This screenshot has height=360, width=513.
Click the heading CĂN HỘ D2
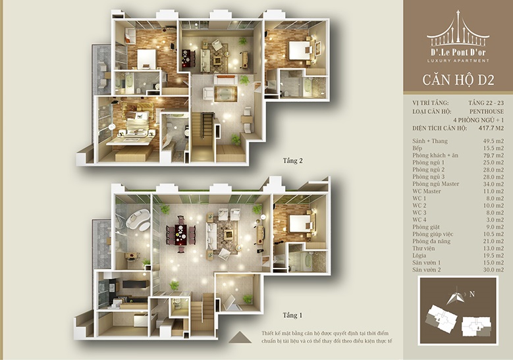pyautogui.click(x=458, y=80)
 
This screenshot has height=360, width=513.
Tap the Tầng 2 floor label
pyautogui.click(x=293, y=161)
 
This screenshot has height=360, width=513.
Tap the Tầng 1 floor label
pyautogui.click(x=292, y=315)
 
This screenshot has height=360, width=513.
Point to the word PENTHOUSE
pyautogui.click(x=487, y=111)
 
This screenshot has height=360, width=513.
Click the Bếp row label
pyautogui.click(x=417, y=149)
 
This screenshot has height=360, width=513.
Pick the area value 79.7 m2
pyautogui.click(x=494, y=155)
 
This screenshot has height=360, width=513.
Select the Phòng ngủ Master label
pyautogui.click(x=435, y=184)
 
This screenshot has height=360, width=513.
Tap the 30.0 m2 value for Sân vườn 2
pyautogui.click(x=494, y=270)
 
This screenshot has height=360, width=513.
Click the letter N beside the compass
pyautogui.click(x=472, y=294)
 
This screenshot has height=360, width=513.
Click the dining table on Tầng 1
pyautogui.click(x=179, y=234)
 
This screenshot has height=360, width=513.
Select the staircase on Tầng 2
pyautogui.click(x=203, y=137)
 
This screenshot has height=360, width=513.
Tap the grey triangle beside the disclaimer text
pyautogui.click(x=240, y=337)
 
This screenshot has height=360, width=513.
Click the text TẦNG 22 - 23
pyautogui.click(x=486, y=103)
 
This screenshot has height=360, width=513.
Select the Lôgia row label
pyautogui.click(x=419, y=255)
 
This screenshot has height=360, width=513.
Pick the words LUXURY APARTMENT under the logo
pyautogui.click(x=458, y=61)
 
